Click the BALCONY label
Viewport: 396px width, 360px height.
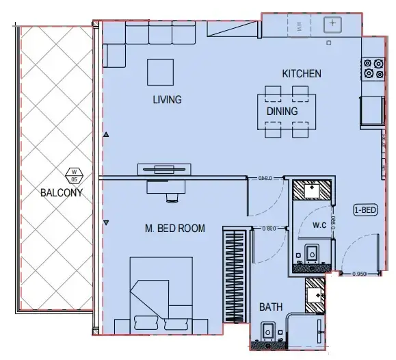coord(61,192)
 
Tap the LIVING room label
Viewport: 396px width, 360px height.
coord(167,100)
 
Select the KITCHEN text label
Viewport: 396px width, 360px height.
coord(302,73)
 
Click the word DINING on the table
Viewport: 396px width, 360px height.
coord(282,111)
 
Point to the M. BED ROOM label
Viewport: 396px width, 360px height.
coord(174,229)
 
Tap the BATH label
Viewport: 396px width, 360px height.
coord(271,307)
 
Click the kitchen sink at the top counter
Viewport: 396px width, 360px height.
coord(332,25)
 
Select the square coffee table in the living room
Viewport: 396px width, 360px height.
coord(161,71)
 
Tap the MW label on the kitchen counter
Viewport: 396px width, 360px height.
coord(298,27)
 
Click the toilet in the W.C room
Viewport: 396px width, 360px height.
coord(312,254)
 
